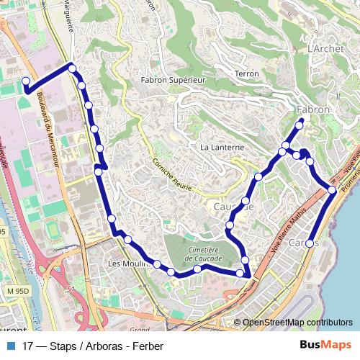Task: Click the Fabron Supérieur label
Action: coord(174,80)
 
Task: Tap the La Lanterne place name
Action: coord(222,147)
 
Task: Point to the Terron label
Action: coord(247,74)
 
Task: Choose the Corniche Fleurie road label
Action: coord(171,174)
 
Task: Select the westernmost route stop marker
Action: coord(26,81)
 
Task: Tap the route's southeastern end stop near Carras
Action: coord(310,243)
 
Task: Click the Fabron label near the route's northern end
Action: coord(313,109)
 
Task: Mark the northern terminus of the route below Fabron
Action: coord(300,125)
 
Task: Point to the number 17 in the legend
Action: coord(29,346)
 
